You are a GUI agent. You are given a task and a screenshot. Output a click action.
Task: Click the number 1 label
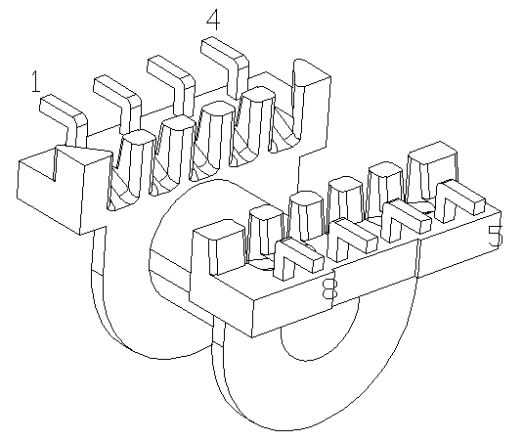pyautogui.click(x=36, y=81)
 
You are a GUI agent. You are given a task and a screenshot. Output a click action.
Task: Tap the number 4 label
pyautogui.click(x=213, y=20)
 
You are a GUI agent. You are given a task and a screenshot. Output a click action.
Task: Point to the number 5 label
pyautogui.click(x=496, y=237)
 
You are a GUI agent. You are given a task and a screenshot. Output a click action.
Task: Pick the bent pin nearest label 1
pyautogui.click(x=66, y=117)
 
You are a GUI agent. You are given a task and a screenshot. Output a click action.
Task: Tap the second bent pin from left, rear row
pyautogui.click(x=121, y=101)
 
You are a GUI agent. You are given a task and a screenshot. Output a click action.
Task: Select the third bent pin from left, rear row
pyautogui.click(x=175, y=82)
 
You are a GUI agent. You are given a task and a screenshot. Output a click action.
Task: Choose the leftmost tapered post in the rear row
pyautogui.click(x=129, y=170)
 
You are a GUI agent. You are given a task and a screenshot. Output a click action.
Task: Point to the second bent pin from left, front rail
pyautogui.click(x=351, y=239)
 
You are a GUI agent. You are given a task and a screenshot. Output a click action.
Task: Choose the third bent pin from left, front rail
pyautogui.click(x=405, y=220)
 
